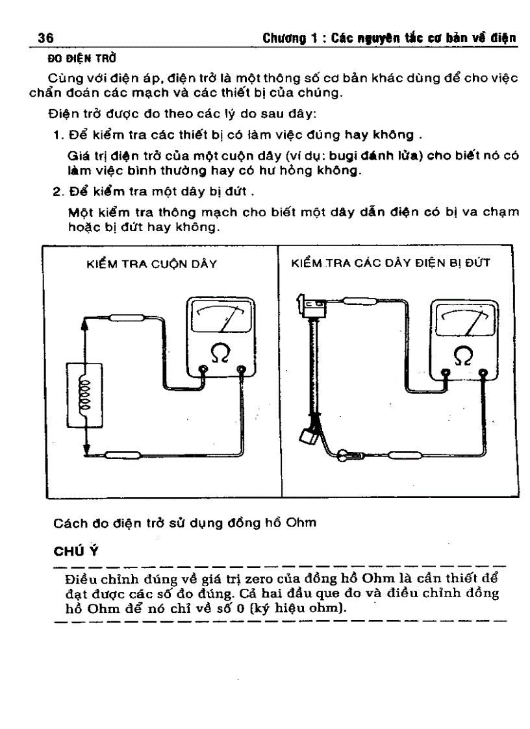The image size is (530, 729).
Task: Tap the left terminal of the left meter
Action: click(x=203, y=371)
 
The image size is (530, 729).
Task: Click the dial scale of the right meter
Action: click(x=462, y=319)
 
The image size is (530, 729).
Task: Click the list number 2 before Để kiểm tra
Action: click(x=57, y=193)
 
